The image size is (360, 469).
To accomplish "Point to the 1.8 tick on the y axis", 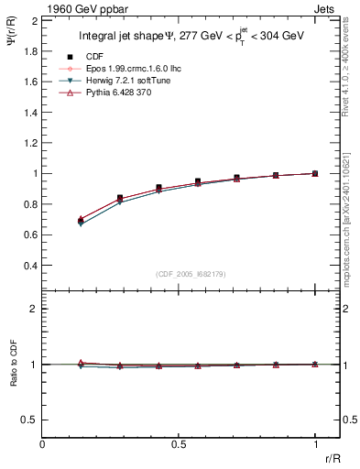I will pos(30,50).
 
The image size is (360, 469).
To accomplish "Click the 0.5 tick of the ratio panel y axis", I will pos(30,420).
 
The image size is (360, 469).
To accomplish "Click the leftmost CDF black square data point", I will pos(82,221).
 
